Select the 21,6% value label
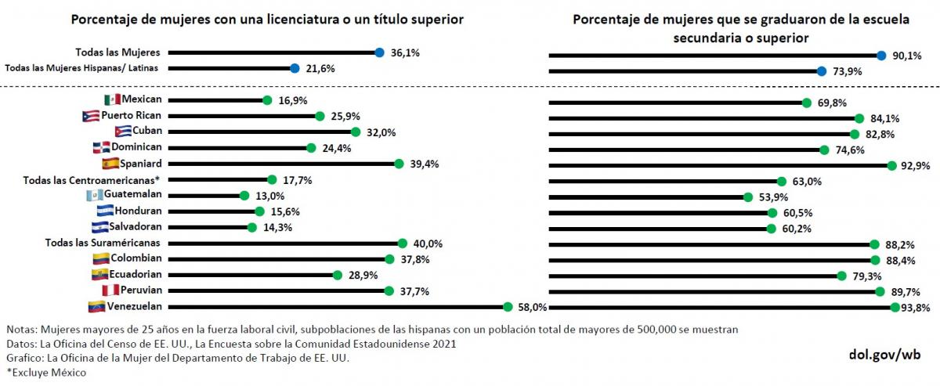[x=320, y=69]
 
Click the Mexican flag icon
[x=113, y=100]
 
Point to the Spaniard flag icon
[x=110, y=164]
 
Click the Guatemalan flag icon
[x=95, y=196]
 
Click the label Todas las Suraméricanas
[x=103, y=243]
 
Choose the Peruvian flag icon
[x=111, y=290]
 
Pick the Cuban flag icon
[x=122, y=132]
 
